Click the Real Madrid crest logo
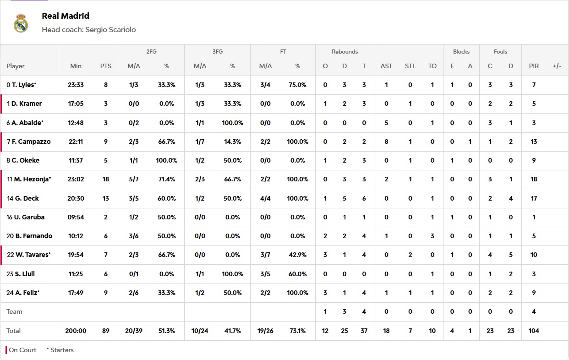point(21,23)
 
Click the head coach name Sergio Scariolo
point(110,30)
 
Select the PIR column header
point(534,66)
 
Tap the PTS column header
point(106,66)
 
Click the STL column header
point(410,66)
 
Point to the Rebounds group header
point(345,52)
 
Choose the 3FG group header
point(217,52)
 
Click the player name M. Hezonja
point(32,179)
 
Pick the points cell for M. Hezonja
point(106,179)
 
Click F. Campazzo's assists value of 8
point(386,142)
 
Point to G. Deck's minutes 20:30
point(76,198)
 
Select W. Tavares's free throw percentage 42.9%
point(298,255)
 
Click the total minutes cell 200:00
point(76,331)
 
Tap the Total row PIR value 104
point(534,331)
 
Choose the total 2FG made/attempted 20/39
point(134,331)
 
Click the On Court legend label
point(22,350)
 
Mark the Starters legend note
point(61,350)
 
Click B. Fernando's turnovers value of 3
point(432,236)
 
